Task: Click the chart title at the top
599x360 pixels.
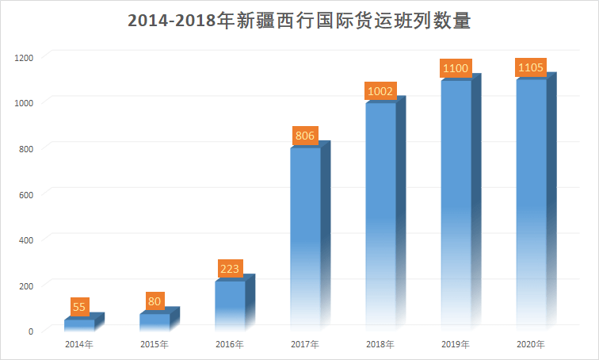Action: (299, 20)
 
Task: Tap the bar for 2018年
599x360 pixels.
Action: (385, 213)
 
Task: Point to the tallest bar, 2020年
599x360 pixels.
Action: (536, 201)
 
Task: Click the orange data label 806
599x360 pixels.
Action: (305, 136)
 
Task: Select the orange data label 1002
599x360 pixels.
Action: (380, 91)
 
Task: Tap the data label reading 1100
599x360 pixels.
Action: (456, 68)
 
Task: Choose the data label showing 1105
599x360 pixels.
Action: (531, 67)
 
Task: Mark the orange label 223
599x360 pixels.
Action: (230, 269)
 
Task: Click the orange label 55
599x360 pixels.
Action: (79, 307)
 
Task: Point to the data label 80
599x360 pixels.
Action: (155, 301)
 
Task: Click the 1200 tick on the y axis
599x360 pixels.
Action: (24, 58)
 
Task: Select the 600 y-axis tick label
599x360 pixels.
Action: (26, 195)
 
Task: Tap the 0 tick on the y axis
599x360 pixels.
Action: (31, 331)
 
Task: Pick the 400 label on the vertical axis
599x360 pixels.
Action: (26, 240)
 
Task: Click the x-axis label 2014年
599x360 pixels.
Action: (79, 344)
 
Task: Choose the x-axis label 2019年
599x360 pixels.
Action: (456, 344)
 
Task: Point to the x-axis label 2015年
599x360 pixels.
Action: (155, 344)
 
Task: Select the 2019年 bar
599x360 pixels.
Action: (461, 202)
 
